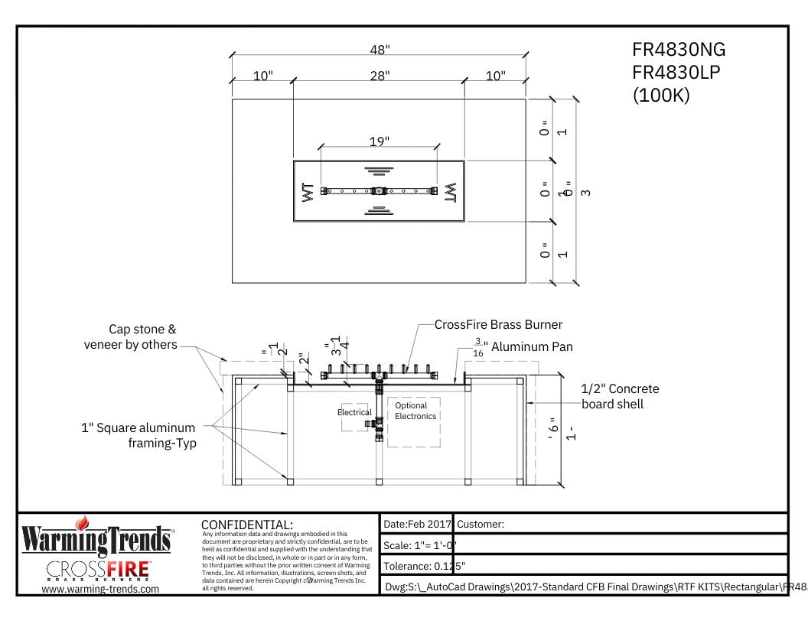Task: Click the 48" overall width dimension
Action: pyautogui.click(x=379, y=50)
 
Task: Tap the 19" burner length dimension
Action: pyautogui.click(x=379, y=141)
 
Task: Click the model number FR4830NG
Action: pyautogui.click(x=678, y=50)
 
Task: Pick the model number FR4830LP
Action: pyautogui.click(x=678, y=73)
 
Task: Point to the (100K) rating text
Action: pyautogui.click(x=662, y=98)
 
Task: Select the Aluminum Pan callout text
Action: pyautogui.click(x=532, y=346)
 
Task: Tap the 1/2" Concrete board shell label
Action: pyautogui.click(x=620, y=396)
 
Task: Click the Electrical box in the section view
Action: pyautogui.click(x=354, y=413)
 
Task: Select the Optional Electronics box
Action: pyautogui.click(x=415, y=411)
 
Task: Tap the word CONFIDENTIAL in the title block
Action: pyautogui.click(x=246, y=525)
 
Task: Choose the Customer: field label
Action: pyautogui.click(x=480, y=525)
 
